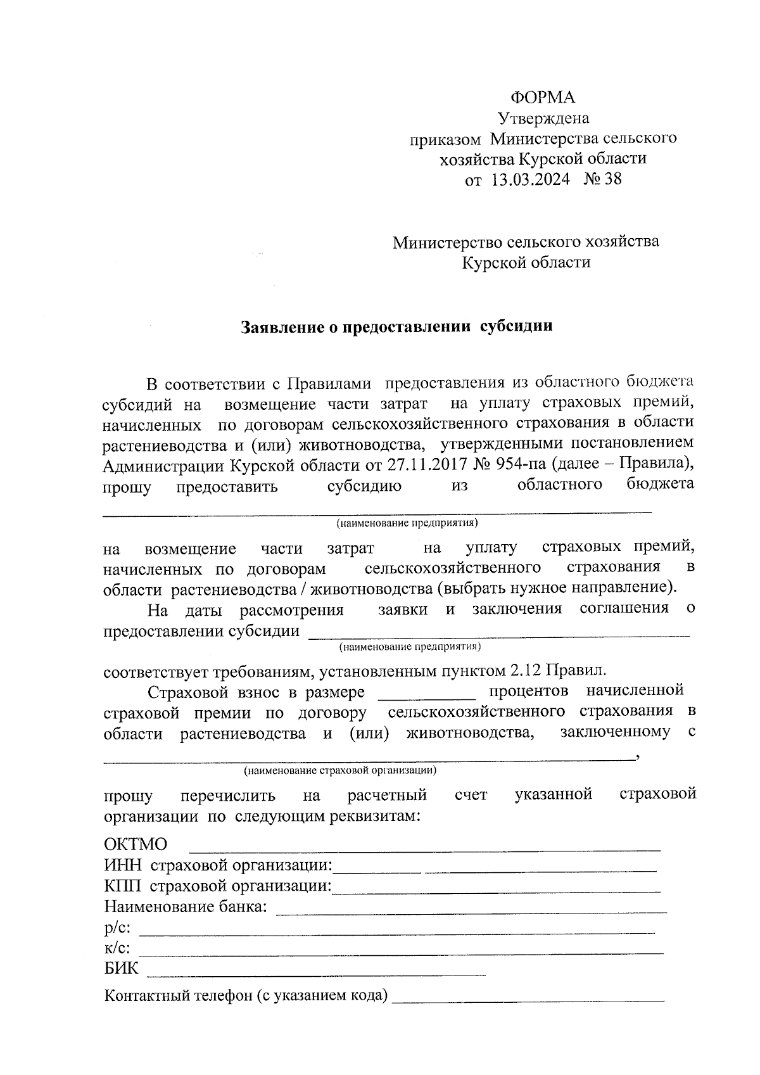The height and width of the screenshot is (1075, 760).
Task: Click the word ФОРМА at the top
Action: pyautogui.click(x=543, y=98)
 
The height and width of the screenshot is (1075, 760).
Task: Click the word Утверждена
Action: pyautogui.click(x=543, y=118)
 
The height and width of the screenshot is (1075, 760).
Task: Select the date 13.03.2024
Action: pyautogui.click(x=530, y=179)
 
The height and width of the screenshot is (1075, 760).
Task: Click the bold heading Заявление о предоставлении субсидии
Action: pyautogui.click(x=396, y=327)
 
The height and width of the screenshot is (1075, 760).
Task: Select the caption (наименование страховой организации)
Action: pyautogui.click(x=339, y=771)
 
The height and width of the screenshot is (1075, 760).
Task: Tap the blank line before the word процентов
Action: pyautogui.click(x=426, y=695)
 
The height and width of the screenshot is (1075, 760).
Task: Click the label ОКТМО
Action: pyautogui.click(x=136, y=845)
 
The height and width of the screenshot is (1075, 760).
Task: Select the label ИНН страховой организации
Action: pyautogui.click(x=218, y=866)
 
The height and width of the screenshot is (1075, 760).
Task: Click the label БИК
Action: pyautogui.click(x=121, y=969)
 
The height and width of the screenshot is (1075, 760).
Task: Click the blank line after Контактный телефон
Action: pyautogui.click(x=528, y=999)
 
